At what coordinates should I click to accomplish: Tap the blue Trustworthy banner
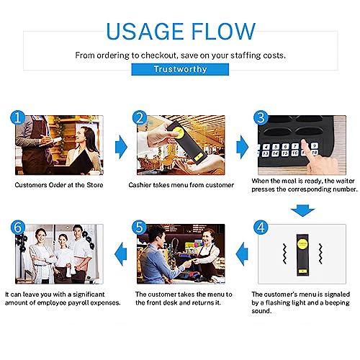click(180, 69)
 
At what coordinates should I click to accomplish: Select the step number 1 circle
click(17, 117)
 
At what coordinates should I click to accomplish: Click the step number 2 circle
click(140, 117)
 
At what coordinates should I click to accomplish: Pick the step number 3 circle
click(261, 117)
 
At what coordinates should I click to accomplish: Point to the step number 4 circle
click(261, 227)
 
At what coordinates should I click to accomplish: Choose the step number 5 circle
click(140, 227)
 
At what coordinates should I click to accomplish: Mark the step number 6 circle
click(18, 227)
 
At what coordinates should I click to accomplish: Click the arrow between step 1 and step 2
click(121, 148)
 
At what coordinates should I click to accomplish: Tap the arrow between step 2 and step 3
click(243, 148)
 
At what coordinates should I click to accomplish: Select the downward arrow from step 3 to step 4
click(302, 211)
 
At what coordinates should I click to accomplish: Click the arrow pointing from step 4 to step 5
click(242, 254)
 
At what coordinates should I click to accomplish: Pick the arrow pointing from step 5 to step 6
click(121, 254)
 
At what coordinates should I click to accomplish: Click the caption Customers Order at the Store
click(59, 185)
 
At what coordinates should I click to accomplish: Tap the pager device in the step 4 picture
click(302, 255)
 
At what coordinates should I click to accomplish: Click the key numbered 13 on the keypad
click(266, 154)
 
